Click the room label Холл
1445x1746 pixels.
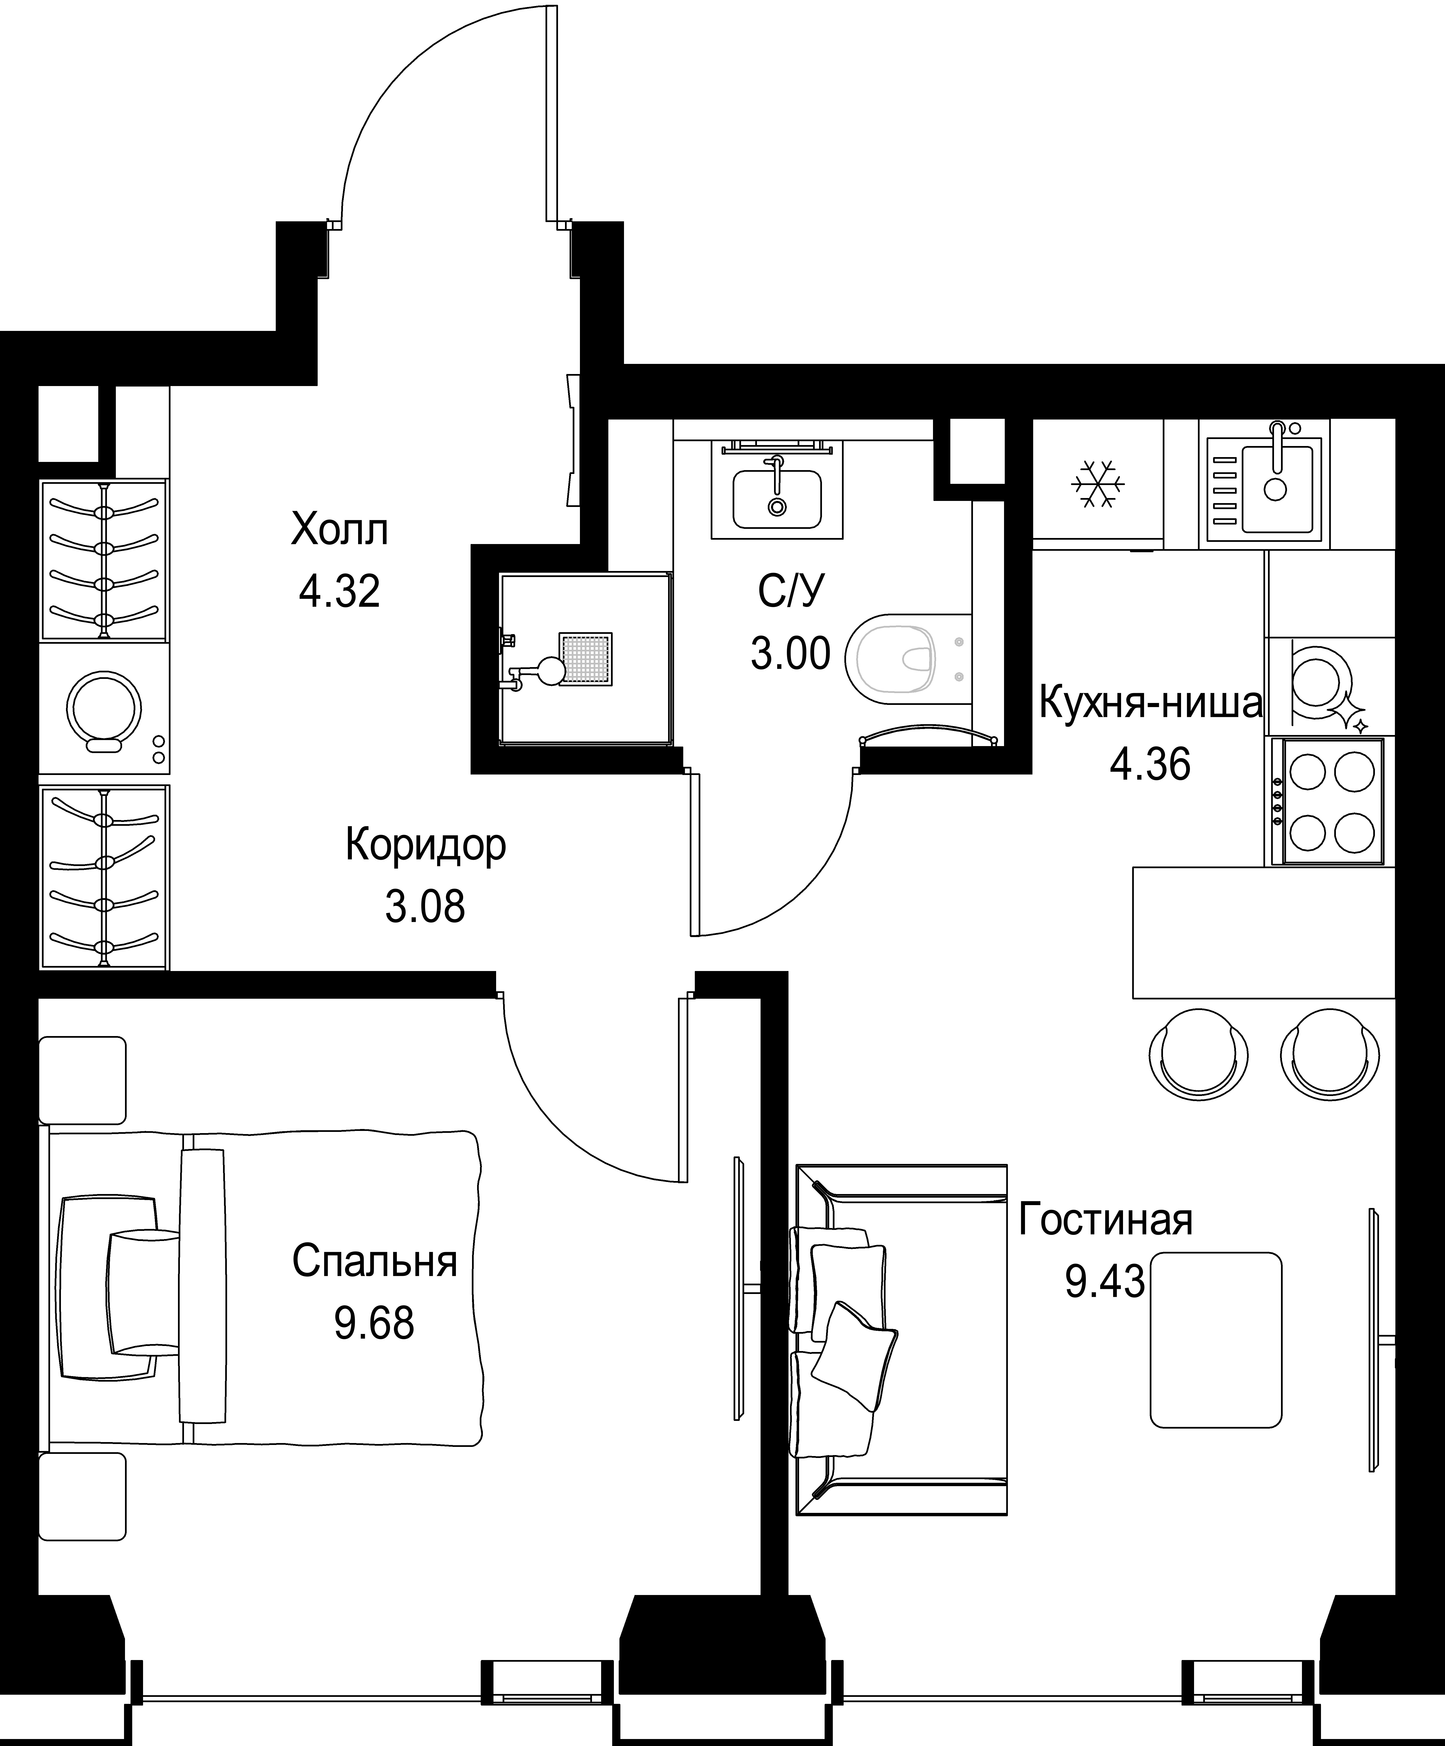(339, 530)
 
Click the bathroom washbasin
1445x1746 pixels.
(776, 499)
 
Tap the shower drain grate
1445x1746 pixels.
(586, 659)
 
